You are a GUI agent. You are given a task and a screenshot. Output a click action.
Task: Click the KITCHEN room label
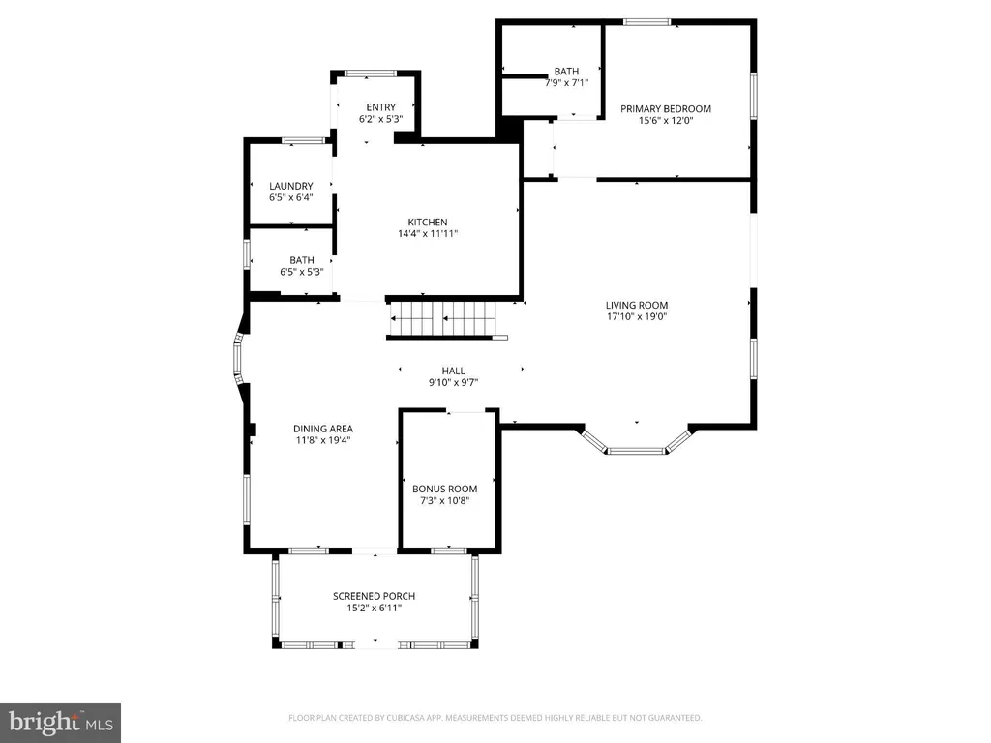427,222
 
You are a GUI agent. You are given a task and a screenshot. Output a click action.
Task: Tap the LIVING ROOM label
637,305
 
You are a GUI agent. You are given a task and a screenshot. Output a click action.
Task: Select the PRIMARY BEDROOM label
666,108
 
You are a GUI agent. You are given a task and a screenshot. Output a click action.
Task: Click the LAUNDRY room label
290,186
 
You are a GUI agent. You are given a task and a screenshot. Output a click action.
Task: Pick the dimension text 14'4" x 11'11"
427,234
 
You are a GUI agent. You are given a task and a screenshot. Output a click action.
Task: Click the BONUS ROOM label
444,489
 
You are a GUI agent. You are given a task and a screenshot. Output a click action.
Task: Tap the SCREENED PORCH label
375,596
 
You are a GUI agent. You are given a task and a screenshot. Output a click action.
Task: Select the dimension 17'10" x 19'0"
637,316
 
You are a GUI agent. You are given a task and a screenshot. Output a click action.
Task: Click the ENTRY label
380,107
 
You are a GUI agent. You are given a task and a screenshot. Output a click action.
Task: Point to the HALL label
453,371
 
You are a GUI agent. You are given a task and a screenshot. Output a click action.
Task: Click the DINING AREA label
323,429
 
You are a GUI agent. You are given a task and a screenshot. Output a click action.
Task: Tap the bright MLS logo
60,723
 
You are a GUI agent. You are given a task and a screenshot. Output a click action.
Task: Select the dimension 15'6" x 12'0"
666,120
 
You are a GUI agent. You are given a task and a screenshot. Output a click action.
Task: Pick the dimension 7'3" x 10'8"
444,500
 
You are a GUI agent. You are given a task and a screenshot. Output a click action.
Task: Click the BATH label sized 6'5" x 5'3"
302,260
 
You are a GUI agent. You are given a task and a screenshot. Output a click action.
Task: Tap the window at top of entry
371,74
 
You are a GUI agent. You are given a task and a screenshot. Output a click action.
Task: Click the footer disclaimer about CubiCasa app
495,718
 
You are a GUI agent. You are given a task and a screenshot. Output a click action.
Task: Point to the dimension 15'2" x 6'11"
375,608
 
